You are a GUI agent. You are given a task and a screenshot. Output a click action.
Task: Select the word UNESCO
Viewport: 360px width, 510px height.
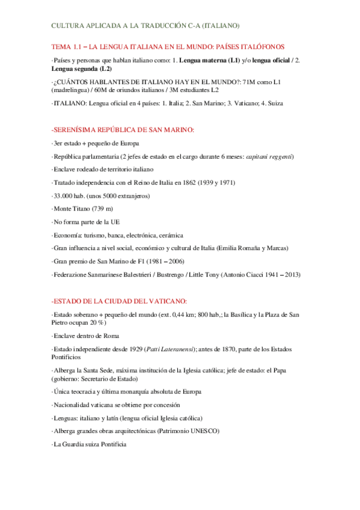point(203,431)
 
